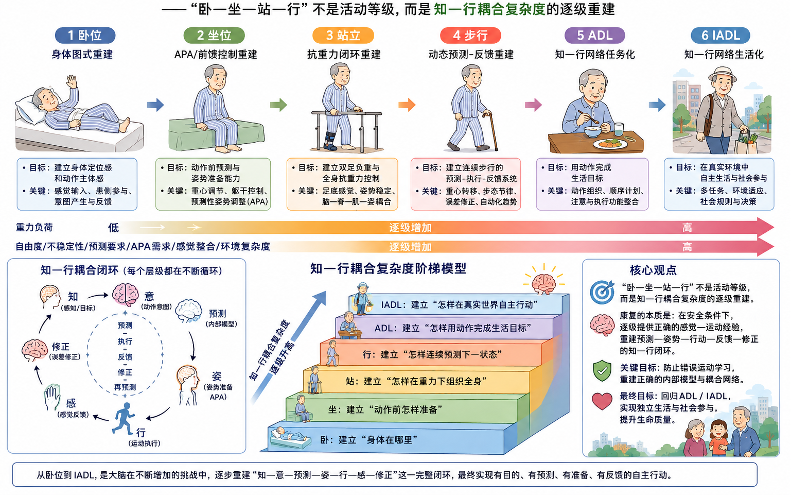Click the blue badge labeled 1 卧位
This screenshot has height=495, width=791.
[x=85, y=36]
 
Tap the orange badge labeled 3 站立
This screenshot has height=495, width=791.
[x=343, y=36]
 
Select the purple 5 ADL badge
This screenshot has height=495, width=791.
[x=594, y=36]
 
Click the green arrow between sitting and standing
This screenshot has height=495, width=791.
[x=278, y=105]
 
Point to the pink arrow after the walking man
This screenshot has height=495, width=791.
[x=533, y=105]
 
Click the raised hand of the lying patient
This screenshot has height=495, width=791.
[x=72, y=81]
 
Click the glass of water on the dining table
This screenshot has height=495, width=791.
[x=619, y=129]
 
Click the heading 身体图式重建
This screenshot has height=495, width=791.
[x=82, y=54]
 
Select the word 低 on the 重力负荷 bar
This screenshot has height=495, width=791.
[x=113, y=228]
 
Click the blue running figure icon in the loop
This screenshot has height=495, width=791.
[x=123, y=418]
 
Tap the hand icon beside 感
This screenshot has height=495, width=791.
[x=52, y=397]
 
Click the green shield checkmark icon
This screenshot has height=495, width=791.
[x=602, y=371]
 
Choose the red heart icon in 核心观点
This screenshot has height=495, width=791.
[x=602, y=401]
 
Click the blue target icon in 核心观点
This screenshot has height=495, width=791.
[x=602, y=292]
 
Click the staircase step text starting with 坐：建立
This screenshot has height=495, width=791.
[x=385, y=409]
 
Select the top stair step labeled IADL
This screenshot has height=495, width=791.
[x=459, y=304]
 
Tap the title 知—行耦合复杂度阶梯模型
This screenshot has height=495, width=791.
[x=388, y=269]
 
